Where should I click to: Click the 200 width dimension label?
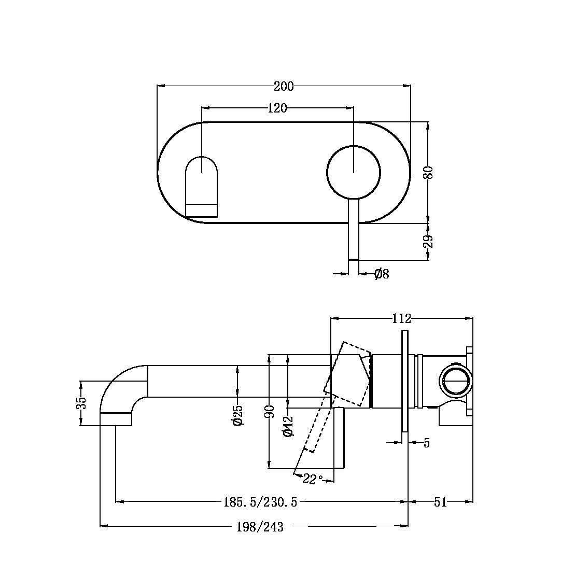[284, 86]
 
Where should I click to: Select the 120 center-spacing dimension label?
[277, 108]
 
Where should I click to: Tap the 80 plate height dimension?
[428, 172]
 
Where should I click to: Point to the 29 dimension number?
[428, 241]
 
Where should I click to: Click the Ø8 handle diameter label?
[382, 274]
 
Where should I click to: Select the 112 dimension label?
[402, 318]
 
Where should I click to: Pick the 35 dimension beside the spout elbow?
[81, 403]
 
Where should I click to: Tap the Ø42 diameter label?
[288, 426]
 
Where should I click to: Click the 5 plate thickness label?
[427, 443]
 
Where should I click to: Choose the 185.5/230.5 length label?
[260, 502]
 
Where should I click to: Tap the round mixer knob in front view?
[354, 172]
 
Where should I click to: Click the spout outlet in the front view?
[201, 210]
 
